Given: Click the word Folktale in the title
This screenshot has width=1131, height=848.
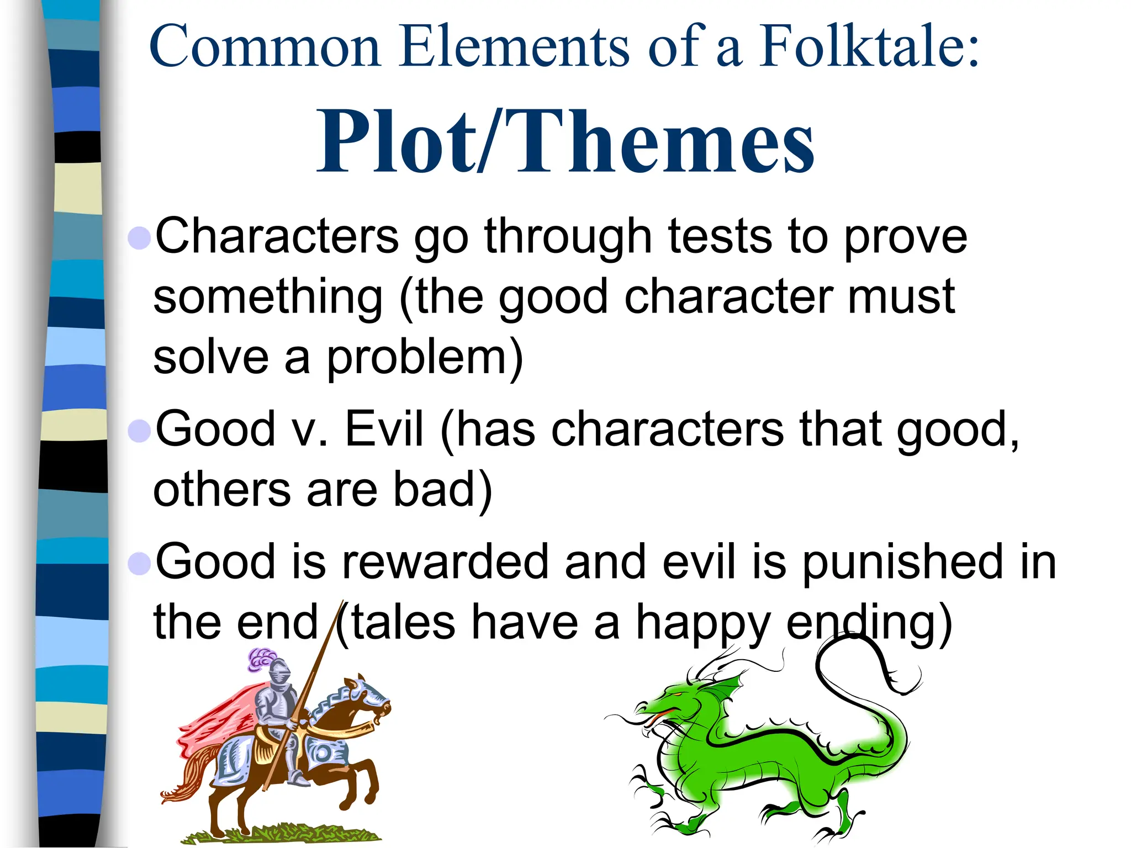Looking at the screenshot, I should click(868, 46).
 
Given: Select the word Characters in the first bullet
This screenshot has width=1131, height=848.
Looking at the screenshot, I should click(276, 236).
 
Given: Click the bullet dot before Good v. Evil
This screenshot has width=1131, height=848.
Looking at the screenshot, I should click(139, 430).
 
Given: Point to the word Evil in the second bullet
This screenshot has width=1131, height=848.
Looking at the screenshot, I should click(384, 429).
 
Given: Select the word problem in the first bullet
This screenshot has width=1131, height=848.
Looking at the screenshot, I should click(424, 358).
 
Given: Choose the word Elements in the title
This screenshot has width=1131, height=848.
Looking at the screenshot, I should click(513, 46).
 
